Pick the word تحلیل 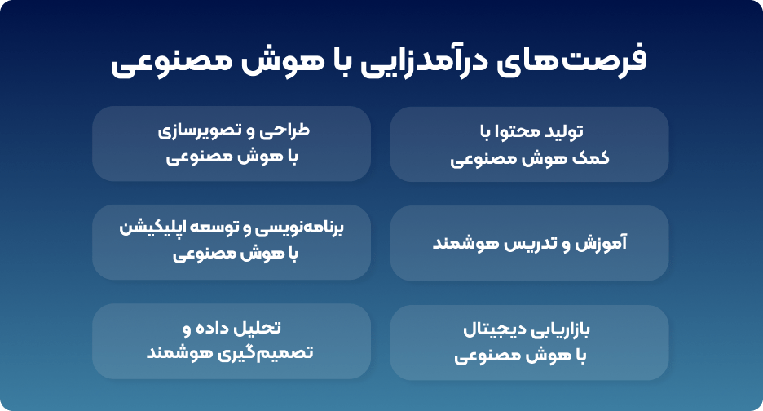click(258, 328)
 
